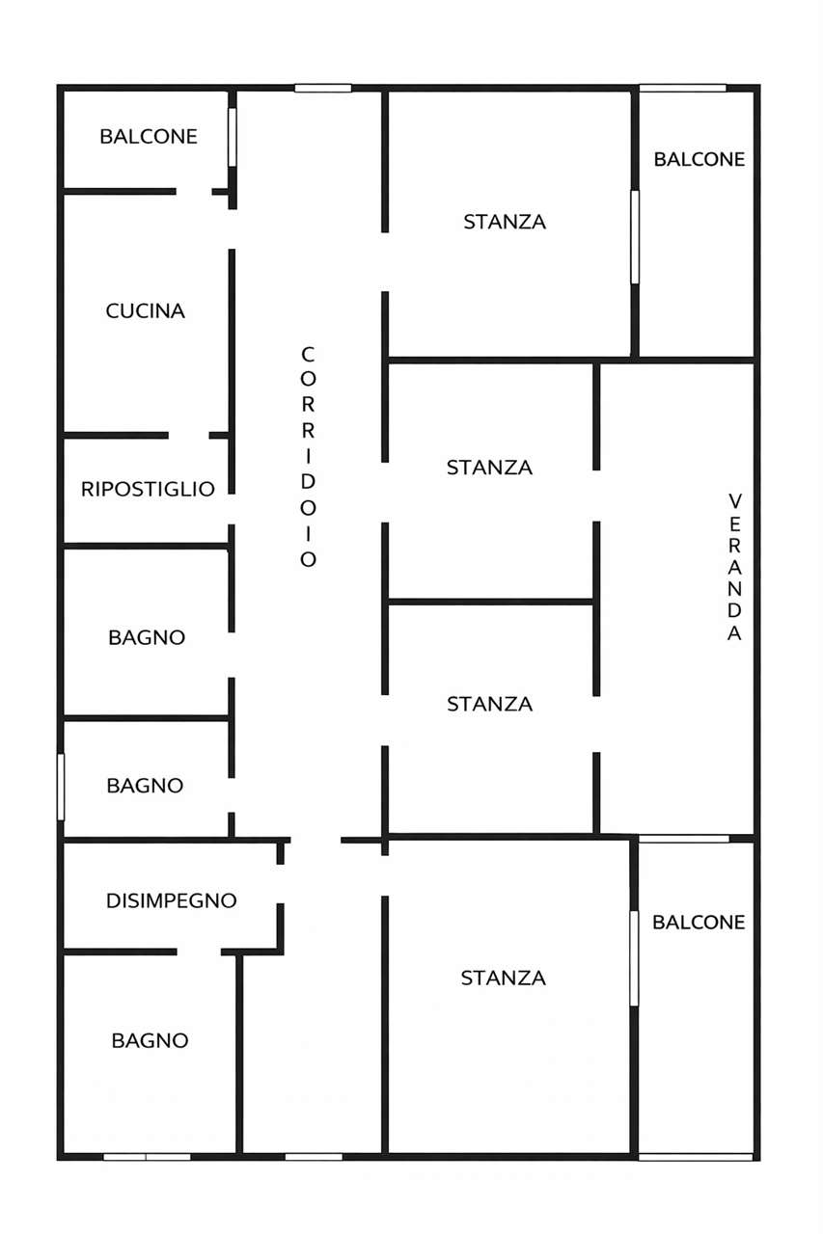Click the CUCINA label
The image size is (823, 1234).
(145, 311)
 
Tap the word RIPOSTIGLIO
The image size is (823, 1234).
(148, 489)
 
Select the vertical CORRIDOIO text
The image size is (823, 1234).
(308, 457)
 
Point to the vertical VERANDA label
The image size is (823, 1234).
(734, 568)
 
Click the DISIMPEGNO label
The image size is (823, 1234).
(172, 900)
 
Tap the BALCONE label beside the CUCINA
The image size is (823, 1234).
(149, 137)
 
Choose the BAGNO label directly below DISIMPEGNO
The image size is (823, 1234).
(150, 1040)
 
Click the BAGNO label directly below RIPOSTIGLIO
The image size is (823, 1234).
(147, 637)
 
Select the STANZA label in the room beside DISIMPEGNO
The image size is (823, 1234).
(504, 978)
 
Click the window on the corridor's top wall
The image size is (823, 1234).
(323, 88)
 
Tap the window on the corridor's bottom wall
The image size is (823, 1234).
(314, 1157)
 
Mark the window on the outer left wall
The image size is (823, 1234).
(61, 787)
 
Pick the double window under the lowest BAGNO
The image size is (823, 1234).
(147, 1157)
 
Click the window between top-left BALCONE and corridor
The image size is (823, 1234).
(233, 137)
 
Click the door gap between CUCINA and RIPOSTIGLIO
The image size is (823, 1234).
(188, 435)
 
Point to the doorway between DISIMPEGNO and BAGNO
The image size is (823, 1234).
(199, 952)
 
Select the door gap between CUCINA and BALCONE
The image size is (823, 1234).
(194, 192)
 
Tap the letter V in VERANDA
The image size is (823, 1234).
(735, 501)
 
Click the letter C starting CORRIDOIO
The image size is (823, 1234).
(308, 354)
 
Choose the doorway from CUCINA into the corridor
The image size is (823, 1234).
(233, 229)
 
